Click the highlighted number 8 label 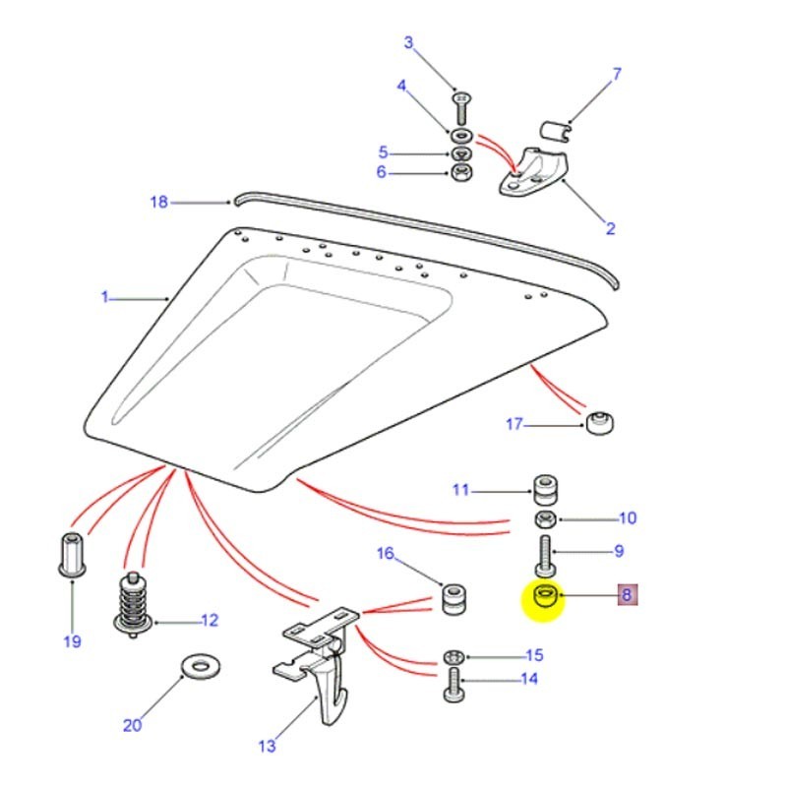pyautogui.click(x=628, y=594)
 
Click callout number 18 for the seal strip pyautogui.click(x=158, y=203)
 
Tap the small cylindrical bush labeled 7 pyautogui.click(x=558, y=130)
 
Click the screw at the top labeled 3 pyautogui.click(x=460, y=105)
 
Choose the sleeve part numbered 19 pyautogui.click(x=71, y=553)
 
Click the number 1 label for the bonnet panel pyautogui.click(x=104, y=297)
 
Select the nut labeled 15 pyautogui.click(x=453, y=656)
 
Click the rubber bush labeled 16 pyautogui.click(x=454, y=599)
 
